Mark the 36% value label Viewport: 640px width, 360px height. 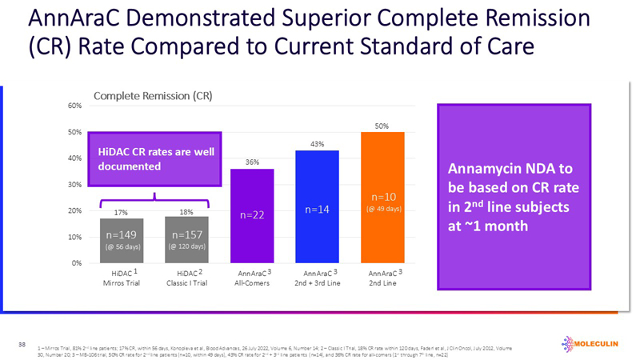pos(252,162)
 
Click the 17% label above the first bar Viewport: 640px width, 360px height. pos(121,213)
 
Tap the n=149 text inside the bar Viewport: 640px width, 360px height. pos(121,235)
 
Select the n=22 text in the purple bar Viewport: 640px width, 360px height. pos(252,215)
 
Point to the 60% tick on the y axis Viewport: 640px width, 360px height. pos(74,106)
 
